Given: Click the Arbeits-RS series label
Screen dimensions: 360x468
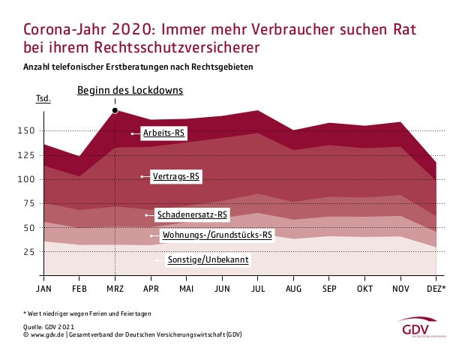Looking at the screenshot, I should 165,133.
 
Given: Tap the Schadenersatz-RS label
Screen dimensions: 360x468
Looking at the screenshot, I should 191,214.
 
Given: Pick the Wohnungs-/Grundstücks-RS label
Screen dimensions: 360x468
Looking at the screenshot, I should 217,235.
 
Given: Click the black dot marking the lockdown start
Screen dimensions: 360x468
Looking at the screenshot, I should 115,111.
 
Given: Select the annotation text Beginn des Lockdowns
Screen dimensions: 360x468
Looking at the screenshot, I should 130,91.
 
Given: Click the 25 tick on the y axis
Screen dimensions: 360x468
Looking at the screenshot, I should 29,251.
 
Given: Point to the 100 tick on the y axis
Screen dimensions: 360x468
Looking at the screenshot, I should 26,179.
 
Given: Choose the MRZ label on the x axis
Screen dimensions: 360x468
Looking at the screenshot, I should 115,287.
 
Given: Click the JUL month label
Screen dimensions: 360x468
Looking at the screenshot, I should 257,287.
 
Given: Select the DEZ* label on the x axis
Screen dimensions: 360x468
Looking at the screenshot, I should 436,287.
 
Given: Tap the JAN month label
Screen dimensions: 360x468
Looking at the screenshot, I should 43,287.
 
